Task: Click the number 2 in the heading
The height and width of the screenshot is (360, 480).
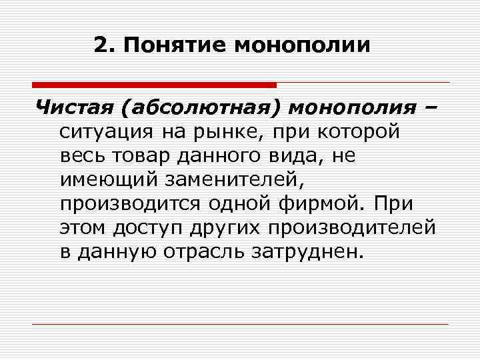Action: [100, 46]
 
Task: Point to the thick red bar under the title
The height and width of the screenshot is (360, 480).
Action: [154, 85]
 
